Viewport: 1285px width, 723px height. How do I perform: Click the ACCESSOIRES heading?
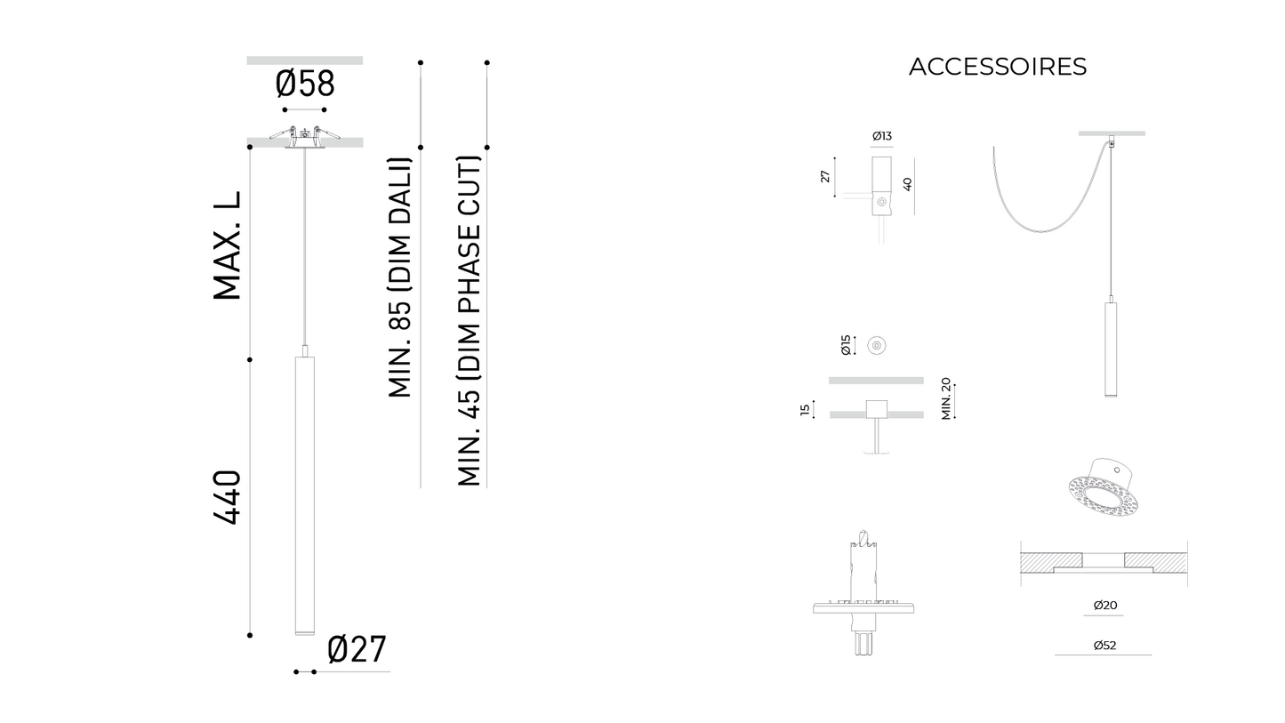(997, 67)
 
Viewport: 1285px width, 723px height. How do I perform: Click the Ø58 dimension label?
(305, 84)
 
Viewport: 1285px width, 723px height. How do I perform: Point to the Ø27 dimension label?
(357, 650)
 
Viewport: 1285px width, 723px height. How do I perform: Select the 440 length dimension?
(228, 497)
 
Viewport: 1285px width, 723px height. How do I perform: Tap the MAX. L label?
(228, 246)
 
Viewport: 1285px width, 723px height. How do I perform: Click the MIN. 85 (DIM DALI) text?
(400, 277)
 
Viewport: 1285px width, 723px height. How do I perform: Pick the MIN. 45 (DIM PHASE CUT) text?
(469, 321)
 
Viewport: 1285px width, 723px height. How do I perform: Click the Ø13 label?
(881, 136)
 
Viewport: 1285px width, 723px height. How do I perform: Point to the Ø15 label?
(846, 345)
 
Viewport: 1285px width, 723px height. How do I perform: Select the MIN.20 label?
(946, 398)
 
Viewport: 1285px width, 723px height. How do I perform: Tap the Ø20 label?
(1104, 606)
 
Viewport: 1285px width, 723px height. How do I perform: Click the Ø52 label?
(1104, 646)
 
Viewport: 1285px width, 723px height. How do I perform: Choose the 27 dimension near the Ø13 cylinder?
(825, 177)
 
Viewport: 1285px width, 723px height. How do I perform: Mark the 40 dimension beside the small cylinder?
(907, 184)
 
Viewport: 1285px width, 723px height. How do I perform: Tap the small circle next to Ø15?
(877, 345)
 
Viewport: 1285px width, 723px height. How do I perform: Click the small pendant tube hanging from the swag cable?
(1111, 349)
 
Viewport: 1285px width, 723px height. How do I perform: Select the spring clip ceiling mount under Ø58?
(304, 138)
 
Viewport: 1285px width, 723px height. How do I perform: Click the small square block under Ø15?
(876, 410)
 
